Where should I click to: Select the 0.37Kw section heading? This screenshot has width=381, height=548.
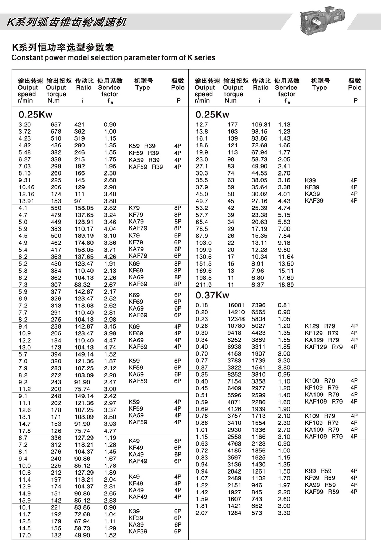point(212,295)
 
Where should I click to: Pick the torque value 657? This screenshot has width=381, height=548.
point(56,125)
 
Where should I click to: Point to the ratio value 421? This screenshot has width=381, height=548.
point(79,125)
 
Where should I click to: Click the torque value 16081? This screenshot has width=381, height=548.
point(236,305)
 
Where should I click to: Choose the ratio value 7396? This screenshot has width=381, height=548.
point(258,305)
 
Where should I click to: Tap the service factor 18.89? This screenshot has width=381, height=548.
point(286,285)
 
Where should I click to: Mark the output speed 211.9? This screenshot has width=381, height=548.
point(204,285)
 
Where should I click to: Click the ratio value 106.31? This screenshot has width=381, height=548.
point(261,125)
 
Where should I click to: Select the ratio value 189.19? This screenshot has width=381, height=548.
point(84,236)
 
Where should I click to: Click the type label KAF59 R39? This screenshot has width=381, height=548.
point(145,167)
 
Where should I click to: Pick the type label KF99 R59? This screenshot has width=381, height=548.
point(320,478)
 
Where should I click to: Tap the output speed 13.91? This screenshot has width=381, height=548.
point(26,201)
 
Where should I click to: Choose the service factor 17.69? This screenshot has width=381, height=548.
point(286,278)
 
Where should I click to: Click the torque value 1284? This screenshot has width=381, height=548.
point(234,513)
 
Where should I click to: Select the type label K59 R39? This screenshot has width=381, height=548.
point(142,146)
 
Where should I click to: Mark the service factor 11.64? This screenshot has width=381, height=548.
point(286,257)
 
